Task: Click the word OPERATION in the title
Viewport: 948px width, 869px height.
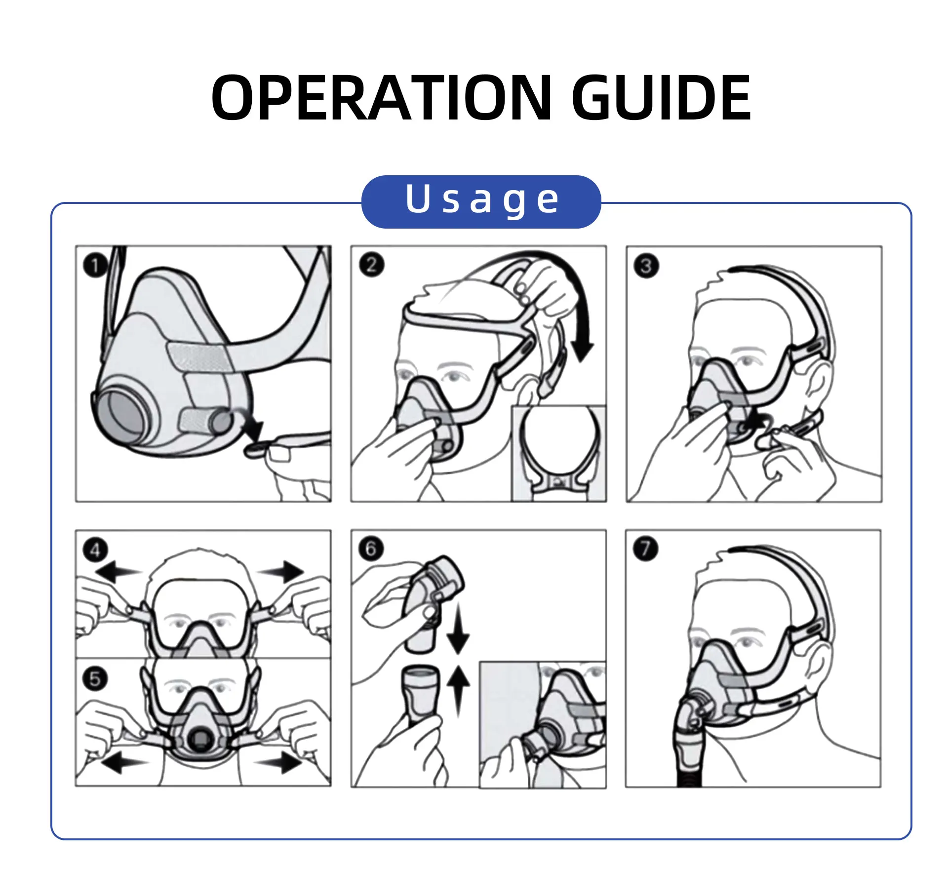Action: tap(381, 97)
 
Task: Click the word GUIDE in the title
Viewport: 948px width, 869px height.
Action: tap(662, 97)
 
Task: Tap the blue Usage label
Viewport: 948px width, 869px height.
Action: tap(481, 201)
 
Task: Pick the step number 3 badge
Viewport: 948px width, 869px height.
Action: tap(646, 266)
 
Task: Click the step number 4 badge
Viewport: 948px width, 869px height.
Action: tap(95, 549)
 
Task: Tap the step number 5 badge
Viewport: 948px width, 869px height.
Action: tap(95, 678)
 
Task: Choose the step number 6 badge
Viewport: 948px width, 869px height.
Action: tap(371, 548)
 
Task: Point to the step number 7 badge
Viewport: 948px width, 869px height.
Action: tap(646, 549)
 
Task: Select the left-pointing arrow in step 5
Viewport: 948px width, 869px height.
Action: tap(124, 763)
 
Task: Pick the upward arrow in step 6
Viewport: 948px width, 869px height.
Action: tap(458, 690)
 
